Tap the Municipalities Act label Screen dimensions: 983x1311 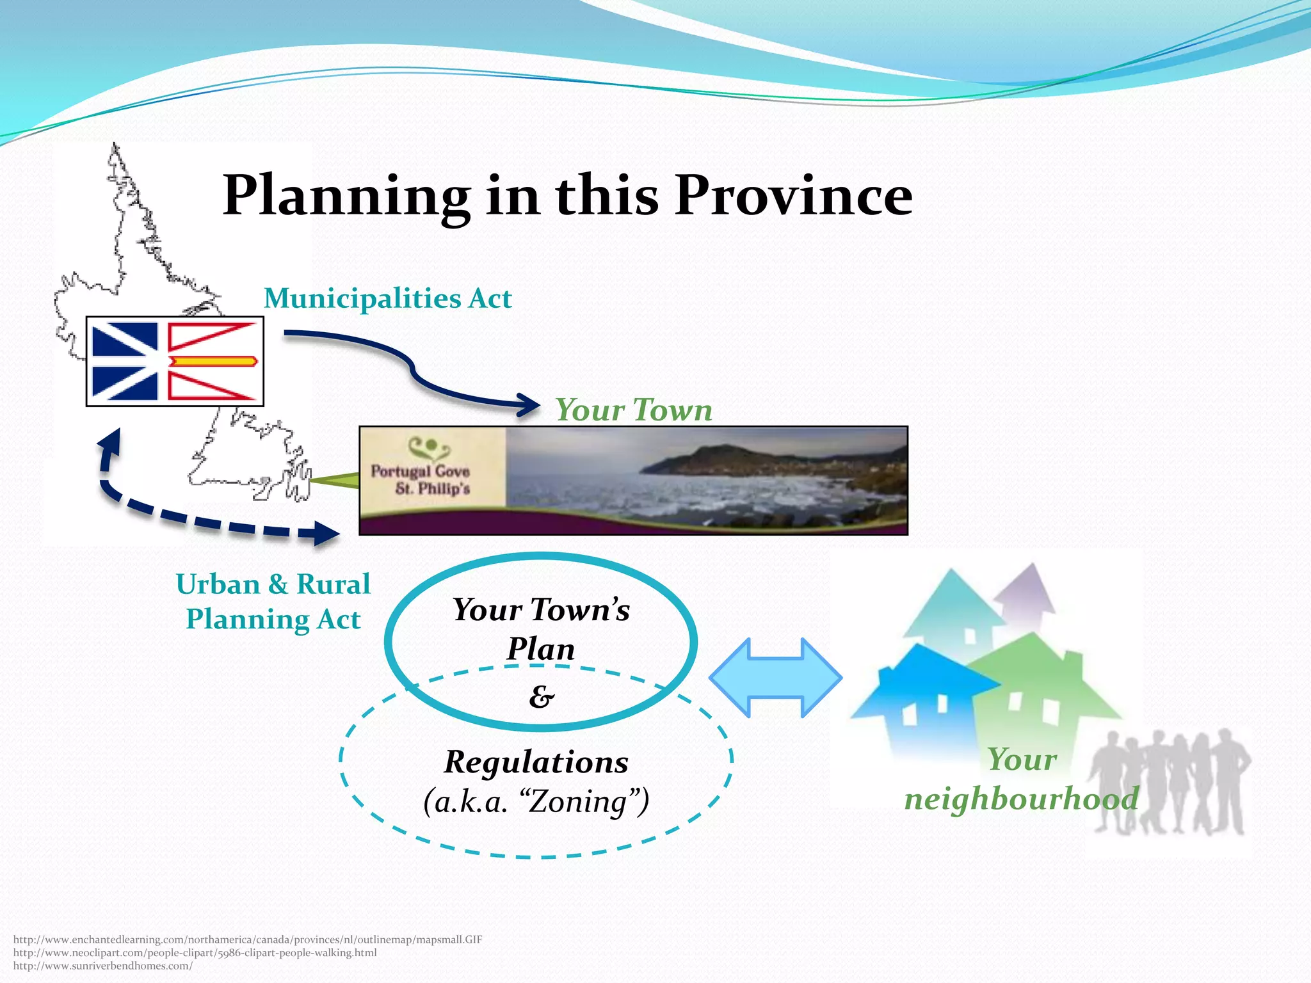click(x=388, y=298)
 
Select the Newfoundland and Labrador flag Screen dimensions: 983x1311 click(x=175, y=362)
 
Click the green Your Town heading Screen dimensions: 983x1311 click(x=634, y=410)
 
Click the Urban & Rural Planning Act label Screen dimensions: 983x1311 click(x=273, y=602)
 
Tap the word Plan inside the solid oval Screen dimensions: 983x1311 click(x=541, y=649)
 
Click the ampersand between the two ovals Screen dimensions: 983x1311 click(x=542, y=696)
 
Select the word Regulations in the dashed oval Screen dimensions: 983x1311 click(x=536, y=762)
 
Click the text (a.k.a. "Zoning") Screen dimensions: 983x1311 click(x=536, y=801)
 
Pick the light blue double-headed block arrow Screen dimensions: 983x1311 click(x=775, y=677)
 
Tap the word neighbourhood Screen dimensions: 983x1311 click(x=1021, y=799)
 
